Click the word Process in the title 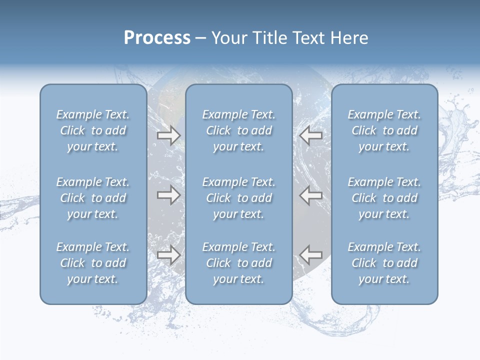point(157,38)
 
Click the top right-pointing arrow point(169,135)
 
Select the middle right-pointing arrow point(169,195)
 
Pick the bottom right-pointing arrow point(169,255)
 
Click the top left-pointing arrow point(311,135)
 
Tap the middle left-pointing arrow point(311,195)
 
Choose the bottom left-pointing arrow point(311,255)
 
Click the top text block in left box point(93,130)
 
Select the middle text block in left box point(93,198)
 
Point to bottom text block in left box point(93,263)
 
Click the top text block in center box point(239,130)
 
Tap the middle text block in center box point(239,198)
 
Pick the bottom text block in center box point(239,263)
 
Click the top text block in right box point(384,130)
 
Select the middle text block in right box point(384,198)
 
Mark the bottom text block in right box point(384,263)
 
